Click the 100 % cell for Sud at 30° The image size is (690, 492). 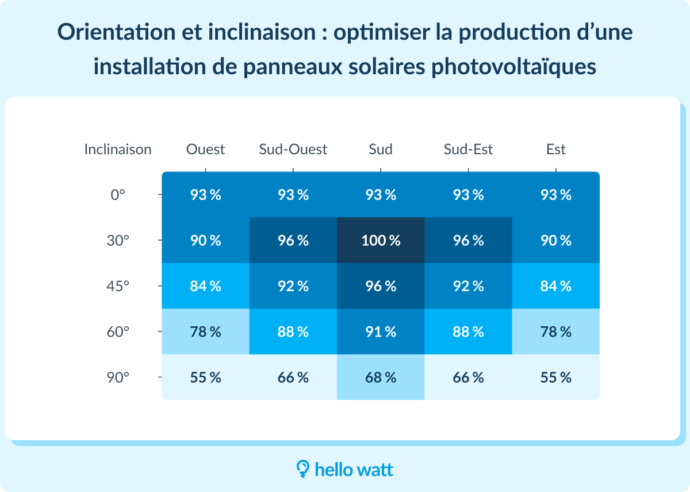pos(381,241)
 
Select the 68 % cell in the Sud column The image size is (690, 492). pos(381,377)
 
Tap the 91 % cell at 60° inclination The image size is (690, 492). pos(381,332)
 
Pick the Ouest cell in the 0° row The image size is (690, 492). pos(206,195)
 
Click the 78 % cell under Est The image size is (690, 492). pos(556,332)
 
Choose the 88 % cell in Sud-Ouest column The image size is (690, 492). pos(293,332)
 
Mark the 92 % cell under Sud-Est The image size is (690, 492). pos(468,286)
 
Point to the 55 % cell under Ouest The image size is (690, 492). pos(206,377)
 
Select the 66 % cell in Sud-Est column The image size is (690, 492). pos(468,377)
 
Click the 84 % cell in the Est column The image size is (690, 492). pos(556,286)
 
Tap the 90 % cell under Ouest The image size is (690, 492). pos(206,241)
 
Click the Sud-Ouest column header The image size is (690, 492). pos(293,150)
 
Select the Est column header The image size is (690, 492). pos(556,150)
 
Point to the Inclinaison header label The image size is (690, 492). pos(118,150)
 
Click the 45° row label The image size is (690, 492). pos(118,286)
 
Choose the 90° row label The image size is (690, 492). pos(118,377)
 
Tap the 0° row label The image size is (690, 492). pos(118,195)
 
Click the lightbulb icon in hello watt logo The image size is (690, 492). pos(302,468)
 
